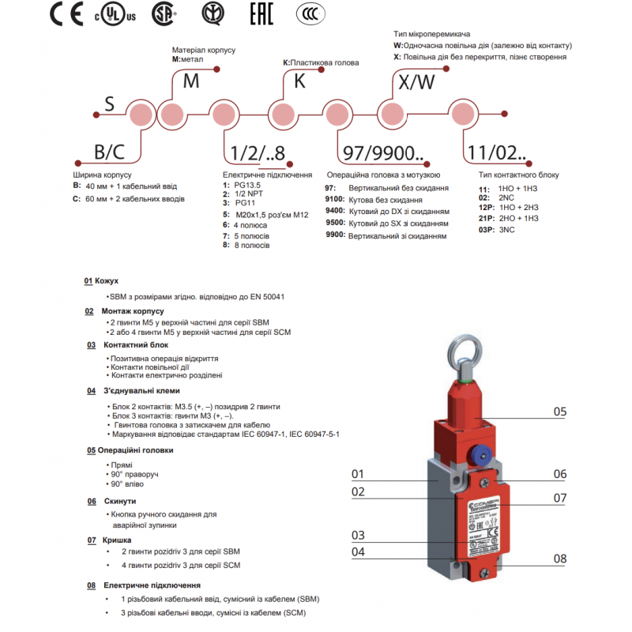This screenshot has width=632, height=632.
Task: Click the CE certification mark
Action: click(66, 14)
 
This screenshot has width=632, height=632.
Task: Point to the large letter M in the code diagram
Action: click(191, 81)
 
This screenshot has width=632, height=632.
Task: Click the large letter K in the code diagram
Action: click(300, 81)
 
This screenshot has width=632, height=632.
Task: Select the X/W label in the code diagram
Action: click(416, 81)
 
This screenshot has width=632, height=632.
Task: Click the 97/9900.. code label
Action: click(378, 151)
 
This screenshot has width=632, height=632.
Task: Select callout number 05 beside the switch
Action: click(559, 412)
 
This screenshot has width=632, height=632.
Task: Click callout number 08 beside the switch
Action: click(559, 559)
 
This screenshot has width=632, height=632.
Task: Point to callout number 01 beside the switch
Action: click(358, 474)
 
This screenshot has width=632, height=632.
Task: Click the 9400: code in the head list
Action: click(334, 212)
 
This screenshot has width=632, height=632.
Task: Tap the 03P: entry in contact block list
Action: click(486, 229)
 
